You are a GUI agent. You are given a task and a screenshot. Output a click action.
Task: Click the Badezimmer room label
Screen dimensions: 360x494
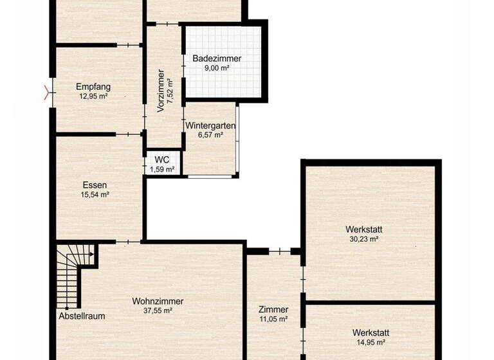click(217, 59)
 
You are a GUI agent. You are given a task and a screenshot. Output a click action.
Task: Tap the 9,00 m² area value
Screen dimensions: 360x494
click(217, 68)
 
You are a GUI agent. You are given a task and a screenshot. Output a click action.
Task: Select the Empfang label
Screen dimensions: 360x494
click(93, 87)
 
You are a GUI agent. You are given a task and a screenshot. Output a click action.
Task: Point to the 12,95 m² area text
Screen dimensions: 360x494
click(93, 96)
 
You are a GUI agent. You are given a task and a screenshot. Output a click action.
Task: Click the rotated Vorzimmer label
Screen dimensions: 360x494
click(161, 91)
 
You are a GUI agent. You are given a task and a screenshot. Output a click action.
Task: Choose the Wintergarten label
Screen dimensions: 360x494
click(210, 126)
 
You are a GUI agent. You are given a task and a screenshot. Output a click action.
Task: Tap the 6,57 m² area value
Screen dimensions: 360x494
click(210, 135)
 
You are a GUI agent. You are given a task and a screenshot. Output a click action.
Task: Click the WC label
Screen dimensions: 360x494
click(161, 160)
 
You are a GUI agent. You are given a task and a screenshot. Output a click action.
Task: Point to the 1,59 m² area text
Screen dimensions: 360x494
click(162, 170)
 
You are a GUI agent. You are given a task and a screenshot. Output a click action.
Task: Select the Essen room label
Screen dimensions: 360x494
click(95, 185)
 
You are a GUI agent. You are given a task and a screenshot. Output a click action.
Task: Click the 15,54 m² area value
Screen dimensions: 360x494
click(95, 195)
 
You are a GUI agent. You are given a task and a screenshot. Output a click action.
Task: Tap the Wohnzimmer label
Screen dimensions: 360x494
click(158, 301)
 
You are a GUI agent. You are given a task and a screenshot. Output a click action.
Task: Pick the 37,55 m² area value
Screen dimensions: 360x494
click(158, 310)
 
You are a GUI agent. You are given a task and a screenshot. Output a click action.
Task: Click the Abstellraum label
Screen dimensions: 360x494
click(82, 316)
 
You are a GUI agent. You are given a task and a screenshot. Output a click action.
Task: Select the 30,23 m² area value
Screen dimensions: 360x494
click(361, 239)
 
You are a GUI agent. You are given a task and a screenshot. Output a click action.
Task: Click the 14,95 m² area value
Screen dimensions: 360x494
click(370, 343)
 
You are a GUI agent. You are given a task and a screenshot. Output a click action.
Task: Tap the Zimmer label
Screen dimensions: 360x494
click(273, 309)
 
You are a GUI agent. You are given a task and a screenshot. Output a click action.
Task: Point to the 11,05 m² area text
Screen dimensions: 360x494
click(273, 319)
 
